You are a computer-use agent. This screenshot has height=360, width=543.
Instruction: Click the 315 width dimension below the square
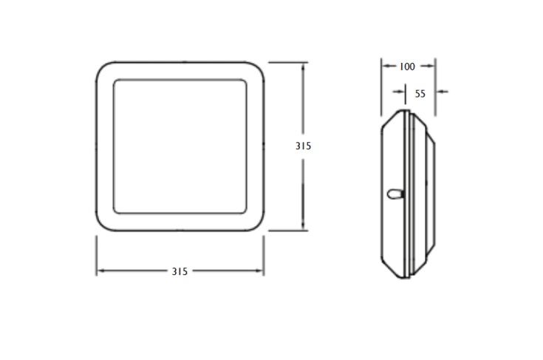[x=180, y=271]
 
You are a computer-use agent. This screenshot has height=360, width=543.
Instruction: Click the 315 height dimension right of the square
[x=304, y=146]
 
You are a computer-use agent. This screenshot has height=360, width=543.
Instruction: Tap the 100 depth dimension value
[x=407, y=67]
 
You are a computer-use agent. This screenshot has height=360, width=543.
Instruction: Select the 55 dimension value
[x=420, y=94]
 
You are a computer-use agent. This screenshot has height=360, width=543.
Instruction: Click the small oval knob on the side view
[x=395, y=194]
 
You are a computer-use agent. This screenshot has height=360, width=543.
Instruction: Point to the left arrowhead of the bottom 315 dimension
[x=100, y=271]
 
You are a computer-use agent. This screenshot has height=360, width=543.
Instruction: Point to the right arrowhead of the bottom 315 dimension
[x=259, y=271]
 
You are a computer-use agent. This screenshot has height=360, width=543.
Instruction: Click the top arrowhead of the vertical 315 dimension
[x=304, y=67]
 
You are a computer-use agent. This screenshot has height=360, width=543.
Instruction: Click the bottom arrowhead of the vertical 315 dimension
[x=304, y=225]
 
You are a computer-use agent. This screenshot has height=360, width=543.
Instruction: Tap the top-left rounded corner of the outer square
[x=101, y=67]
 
